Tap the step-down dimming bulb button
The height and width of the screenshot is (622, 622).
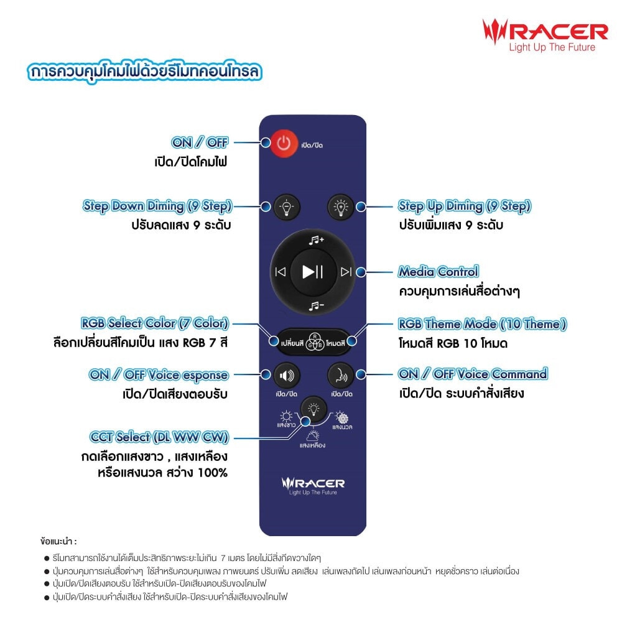click(x=286, y=207)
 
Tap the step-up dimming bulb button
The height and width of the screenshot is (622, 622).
click(x=340, y=207)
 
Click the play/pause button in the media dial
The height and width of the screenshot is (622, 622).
click(x=313, y=272)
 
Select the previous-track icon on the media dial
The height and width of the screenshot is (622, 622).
click(x=281, y=272)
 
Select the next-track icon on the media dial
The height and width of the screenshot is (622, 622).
click(x=346, y=272)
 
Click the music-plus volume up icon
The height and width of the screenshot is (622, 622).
click(x=317, y=240)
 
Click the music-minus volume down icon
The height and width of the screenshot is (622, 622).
click(x=317, y=305)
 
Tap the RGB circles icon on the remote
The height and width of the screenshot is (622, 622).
click(x=315, y=341)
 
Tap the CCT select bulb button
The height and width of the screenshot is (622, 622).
click(x=313, y=409)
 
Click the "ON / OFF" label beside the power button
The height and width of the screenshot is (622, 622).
click(x=200, y=142)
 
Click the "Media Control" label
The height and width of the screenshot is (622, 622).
click(x=439, y=272)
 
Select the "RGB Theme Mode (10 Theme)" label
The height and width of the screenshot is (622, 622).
click(x=483, y=324)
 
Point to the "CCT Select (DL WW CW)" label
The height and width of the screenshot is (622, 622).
click(x=159, y=437)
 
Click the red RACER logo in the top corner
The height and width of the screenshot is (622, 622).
click(x=545, y=35)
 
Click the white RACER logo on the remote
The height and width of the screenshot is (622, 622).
click(x=313, y=486)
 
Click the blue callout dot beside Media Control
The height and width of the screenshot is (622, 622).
click(x=361, y=272)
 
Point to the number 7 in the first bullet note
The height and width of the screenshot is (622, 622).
click(x=223, y=559)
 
